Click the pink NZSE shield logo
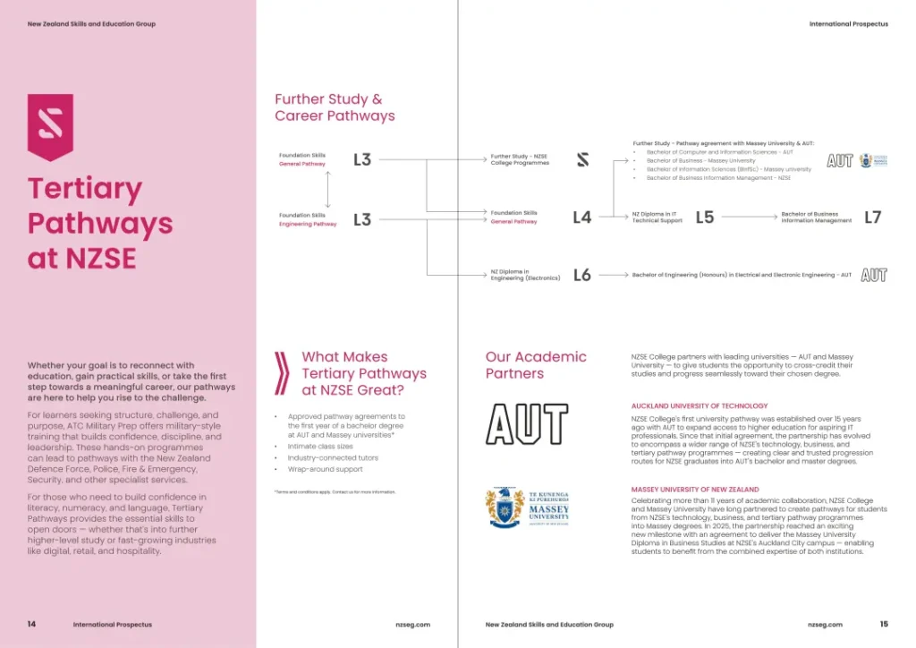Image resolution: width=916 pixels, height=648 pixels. (50, 126)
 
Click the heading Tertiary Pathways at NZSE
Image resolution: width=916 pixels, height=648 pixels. (99, 223)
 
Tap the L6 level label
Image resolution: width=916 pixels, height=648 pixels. (582, 275)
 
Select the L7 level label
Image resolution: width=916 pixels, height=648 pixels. (873, 217)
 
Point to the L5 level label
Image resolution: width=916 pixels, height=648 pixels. (705, 217)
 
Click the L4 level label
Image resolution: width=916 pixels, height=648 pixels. (582, 217)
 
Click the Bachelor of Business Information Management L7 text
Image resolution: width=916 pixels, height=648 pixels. (816, 217)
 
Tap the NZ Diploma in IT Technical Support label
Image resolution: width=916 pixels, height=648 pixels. (657, 217)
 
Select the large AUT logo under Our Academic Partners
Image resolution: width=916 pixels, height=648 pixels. (527, 424)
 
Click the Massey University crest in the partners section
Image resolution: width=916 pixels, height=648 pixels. (505, 508)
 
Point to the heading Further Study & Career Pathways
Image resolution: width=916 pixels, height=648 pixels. (335, 107)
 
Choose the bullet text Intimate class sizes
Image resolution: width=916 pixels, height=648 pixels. (320, 446)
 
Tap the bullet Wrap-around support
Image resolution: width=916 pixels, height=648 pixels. (325, 469)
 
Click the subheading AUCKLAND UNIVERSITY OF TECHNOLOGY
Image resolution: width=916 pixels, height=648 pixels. (700, 406)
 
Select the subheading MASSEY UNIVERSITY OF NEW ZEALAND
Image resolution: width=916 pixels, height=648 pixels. (695, 490)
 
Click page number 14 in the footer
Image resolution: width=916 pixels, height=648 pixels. (32, 624)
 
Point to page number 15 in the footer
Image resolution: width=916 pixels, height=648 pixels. (884, 624)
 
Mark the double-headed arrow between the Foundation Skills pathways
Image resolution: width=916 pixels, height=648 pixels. (328, 190)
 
